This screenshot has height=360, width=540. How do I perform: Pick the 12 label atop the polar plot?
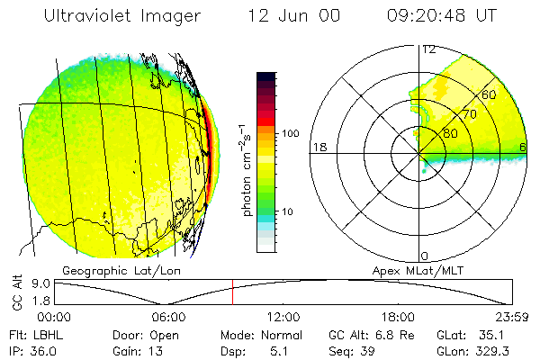[428, 49]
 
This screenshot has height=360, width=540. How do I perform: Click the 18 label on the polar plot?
[318, 147]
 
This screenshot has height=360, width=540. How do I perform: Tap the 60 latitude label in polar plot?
[490, 94]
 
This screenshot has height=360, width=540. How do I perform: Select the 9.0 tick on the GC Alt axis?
[34, 283]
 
